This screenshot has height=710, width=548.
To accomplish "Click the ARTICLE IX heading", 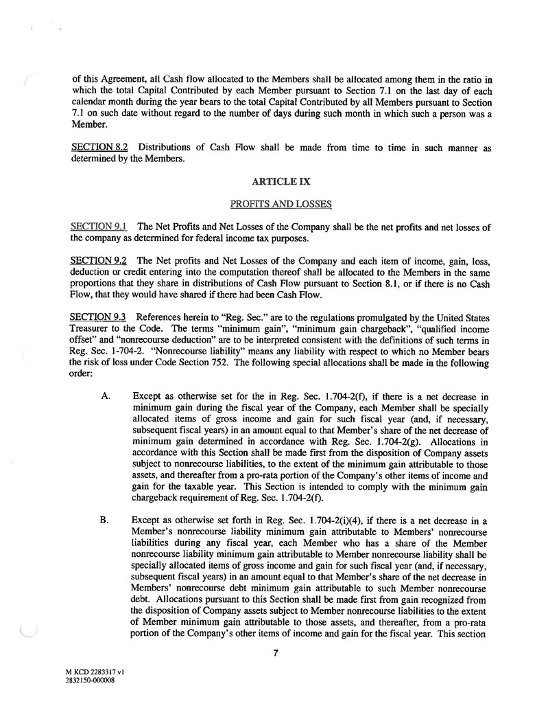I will pos(281,182).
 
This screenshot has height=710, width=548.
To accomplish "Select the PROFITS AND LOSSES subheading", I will pos(281,204).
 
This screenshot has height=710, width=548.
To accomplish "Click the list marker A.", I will pos(105,395).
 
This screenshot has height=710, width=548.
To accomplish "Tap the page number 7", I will pos(274,653).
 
